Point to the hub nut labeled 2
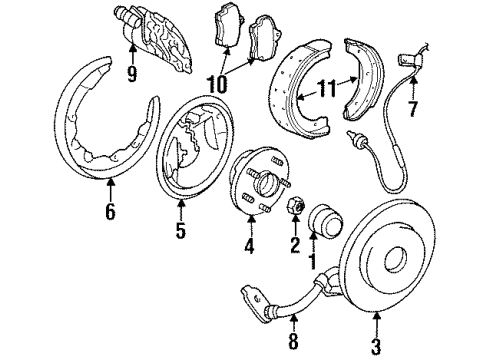coord(295,207)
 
